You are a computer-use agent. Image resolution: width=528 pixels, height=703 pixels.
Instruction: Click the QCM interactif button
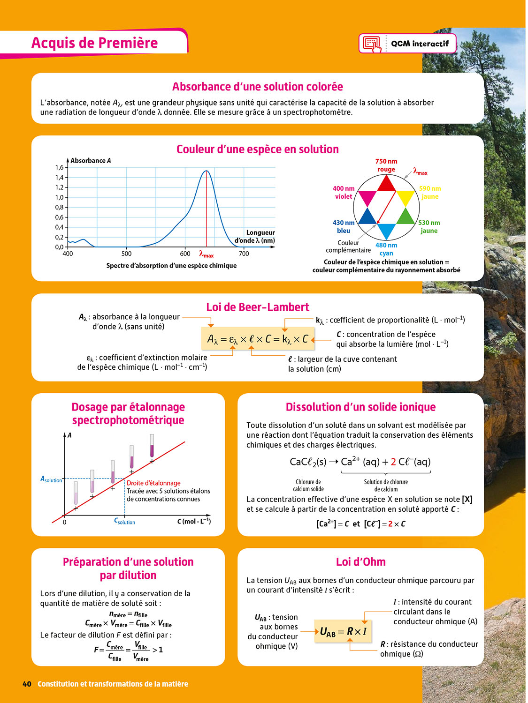tap(407, 44)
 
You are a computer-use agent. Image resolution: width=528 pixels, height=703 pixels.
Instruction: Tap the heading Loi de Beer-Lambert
tap(258, 307)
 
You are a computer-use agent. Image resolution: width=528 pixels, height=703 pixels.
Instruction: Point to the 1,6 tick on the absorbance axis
tap(59, 167)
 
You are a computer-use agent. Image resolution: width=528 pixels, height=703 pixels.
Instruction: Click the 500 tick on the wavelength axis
tap(126, 254)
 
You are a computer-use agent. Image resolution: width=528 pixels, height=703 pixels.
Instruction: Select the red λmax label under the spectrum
tap(206, 254)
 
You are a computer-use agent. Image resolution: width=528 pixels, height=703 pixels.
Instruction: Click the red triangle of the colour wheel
tap(386, 184)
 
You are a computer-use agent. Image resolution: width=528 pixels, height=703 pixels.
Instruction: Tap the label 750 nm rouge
tap(386, 165)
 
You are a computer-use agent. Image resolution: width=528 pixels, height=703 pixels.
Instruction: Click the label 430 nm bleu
tap(344, 226)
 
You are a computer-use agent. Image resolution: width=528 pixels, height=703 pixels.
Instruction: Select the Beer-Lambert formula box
tap(258, 339)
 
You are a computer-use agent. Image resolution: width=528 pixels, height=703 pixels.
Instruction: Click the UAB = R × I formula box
tap(343, 631)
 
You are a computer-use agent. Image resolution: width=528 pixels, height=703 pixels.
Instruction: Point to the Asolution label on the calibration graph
tap(51, 479)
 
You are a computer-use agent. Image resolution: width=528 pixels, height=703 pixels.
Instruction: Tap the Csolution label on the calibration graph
tap(125, 521)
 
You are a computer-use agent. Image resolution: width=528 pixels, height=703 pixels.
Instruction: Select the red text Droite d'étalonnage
tap(153, 483)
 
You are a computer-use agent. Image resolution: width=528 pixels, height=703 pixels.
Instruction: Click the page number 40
tap(27, 684)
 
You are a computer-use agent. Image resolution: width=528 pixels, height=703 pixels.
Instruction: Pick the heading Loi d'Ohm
tap(360, 562)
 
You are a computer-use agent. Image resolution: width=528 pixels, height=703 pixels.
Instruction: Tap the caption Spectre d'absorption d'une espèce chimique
tap(171, 266)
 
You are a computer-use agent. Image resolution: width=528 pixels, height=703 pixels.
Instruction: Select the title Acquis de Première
tap(94, 43)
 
